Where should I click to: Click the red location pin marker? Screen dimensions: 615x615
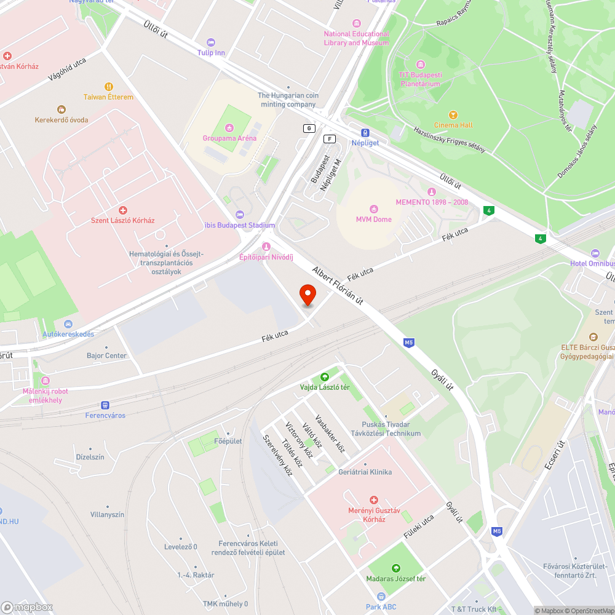pyautogui.click(x=307, y=295)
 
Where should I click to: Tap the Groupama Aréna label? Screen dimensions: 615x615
pyautogui.click(x=229, y=138)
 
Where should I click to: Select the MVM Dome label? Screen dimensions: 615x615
pyautogui.click(x=373, y=220)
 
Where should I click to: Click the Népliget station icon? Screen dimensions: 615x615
pyautogui.click(x=365, y=132)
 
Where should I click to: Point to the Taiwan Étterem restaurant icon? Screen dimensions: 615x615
pyautogui.click(x=109, y=87)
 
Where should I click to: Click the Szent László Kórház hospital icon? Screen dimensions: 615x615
pyautogui.click(x=122, y=210)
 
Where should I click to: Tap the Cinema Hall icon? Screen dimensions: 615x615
pyautogui.click(x=453, y=115)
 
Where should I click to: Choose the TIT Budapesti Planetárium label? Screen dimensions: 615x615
pyautogui.click(x=421, y=79)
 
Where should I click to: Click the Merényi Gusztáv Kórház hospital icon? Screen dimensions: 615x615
pyautogui.click(x=373, y=501)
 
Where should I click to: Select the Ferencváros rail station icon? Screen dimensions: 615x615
pyautogui.click(x=105, y=405)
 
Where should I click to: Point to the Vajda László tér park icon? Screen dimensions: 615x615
pyautogui.click(x=324, y=377)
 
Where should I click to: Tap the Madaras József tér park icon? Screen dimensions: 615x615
pyautogui.click(x=396, y=568)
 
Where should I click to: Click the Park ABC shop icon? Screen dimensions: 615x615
pyautogui.click(x=381, y=597)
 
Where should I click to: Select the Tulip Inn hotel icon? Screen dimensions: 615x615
pyautogui.click(x=212, y=42)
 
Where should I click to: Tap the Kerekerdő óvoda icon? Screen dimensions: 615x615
pyautogui.click(x=61, y=109)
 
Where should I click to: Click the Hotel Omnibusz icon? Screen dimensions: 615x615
pyautogui.click(x=594, y=253)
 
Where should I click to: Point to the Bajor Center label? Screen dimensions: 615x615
pyautogui.click(x=106, y=355)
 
